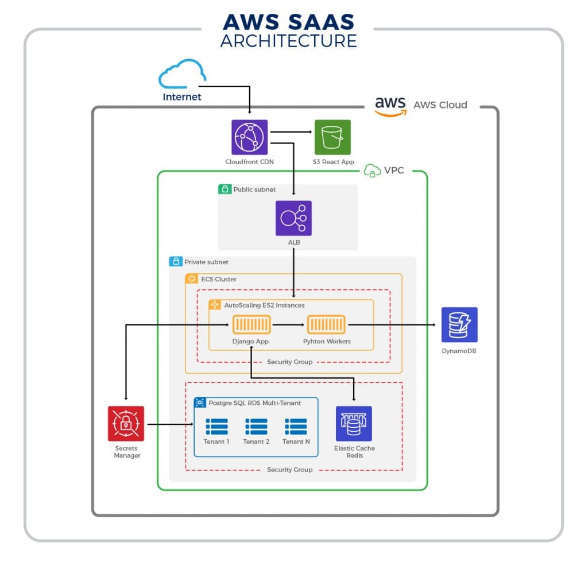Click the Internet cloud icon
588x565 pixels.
pyautogui.click(x=182, y=74)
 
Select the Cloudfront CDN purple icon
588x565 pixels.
pyautogui.click(x=249, y=138)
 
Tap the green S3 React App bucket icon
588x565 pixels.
pyautogui.click(x=332, y=138)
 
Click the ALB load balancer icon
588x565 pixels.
pyautogui.click(x=293, y=218)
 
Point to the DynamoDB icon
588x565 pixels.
pyautogui.click(x=459, y=325)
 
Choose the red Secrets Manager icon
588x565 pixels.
pyautogui.click(x=126, y=424)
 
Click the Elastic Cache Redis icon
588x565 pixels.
pyautogui.click(x=354, y=424)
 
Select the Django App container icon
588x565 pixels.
pyautogui.click(x=251, y=325)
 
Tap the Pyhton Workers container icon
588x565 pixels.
pyautogui.click(x=326, y=325)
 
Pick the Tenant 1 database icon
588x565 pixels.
pyautogui.click(x=216, y=427)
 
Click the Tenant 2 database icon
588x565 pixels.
pyautogui.click(x=256, y=427)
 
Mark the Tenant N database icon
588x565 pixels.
pyautogui.click(x=296, y=427)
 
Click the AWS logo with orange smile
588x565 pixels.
pyautogui.click(x=390, y=106)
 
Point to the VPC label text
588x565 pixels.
pyautogui.click(x=394, y=171)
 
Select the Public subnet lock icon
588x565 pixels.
pyautogui.click(x=225, y=189)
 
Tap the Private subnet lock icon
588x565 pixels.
pyautogui.click(x=175, y=262)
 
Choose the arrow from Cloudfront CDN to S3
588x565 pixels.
pyautogui.click(x=291, y=132)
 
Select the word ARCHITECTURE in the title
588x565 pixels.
pyautogui.click(x=288, y=41)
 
